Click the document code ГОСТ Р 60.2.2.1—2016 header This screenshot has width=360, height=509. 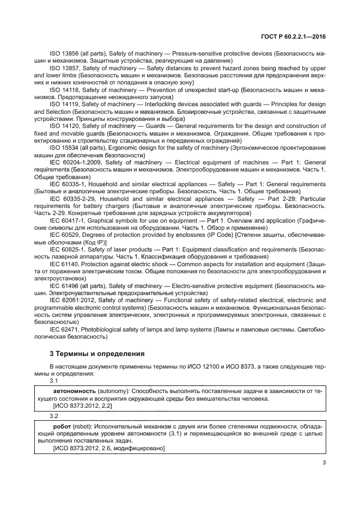[292, 35]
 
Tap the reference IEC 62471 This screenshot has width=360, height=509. [64, 329]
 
